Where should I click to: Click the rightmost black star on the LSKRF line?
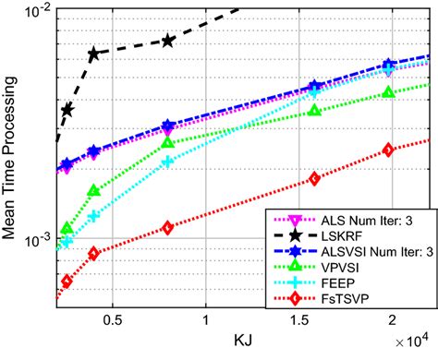(167, 41)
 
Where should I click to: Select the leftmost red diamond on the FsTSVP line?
(67, 281)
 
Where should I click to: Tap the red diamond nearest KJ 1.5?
(315, 178)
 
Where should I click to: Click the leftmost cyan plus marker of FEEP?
(67, 243)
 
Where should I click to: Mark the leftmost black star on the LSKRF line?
(67, 110)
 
